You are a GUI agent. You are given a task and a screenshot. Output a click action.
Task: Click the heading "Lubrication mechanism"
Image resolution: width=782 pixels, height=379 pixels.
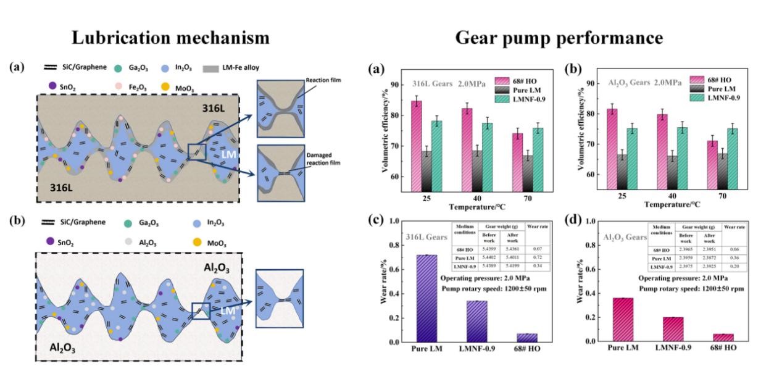point(171,38)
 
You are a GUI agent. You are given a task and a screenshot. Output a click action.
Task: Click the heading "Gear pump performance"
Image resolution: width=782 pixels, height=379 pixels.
point(559,38)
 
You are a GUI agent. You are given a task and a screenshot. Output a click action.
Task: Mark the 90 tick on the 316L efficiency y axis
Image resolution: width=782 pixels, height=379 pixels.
point(393,85)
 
